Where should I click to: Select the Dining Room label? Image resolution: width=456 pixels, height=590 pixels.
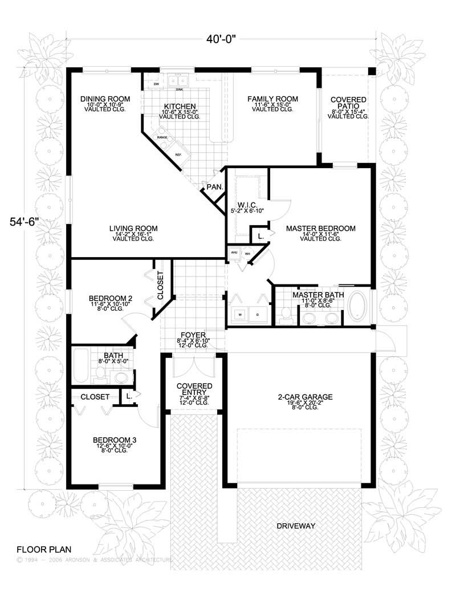pyautogui.click(x=105, y=99)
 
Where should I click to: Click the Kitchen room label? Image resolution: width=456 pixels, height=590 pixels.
pyautogui.click(x=181, y=107)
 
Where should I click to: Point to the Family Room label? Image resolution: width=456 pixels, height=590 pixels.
pyautogui.click(x=272, y=99)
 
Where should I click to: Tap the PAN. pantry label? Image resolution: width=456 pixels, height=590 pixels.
pyautogui.click(x=214, y=187)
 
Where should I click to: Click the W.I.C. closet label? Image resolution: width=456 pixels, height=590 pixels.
pyautogui.click(x=246, y=205)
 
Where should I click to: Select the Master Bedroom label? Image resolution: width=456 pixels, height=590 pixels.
pyautogui.click(x=320, y=229)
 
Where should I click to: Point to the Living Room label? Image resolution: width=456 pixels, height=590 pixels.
pyautogui.click(x=134, y=229)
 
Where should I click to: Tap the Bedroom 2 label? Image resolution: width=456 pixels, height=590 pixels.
pyautogui.click(x=111, y=298)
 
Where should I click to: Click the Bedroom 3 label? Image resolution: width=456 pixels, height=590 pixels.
pyautogui.click(x=115, y=441)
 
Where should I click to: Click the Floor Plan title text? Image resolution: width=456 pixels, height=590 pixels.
pyautogui.click(x=44, y=550)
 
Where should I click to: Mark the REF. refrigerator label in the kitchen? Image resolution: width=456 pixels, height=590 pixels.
pyautogui.click(x=178, y=154)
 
